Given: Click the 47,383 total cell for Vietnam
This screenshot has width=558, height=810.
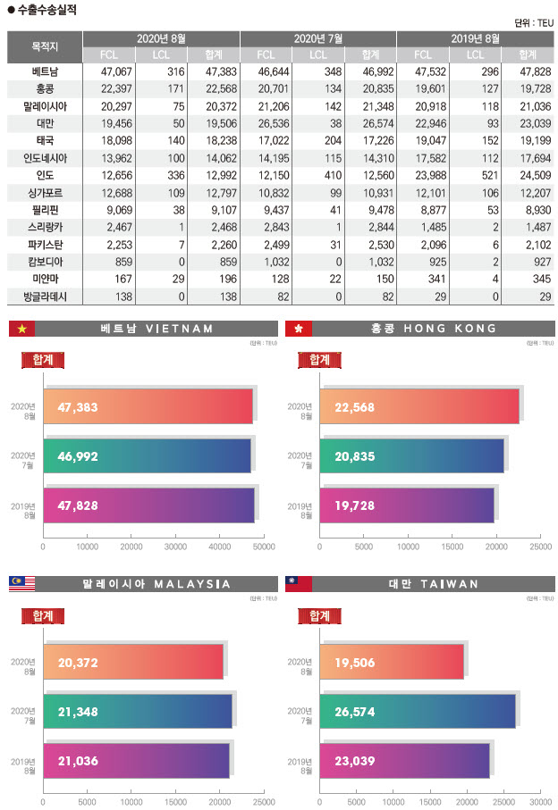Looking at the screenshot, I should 214,72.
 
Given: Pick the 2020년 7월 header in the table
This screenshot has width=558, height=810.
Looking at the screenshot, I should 317,38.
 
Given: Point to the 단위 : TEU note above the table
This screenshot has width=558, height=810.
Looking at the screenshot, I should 534,23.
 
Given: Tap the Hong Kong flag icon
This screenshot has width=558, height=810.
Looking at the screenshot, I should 298,330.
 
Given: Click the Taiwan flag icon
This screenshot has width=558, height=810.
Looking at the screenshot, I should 298,584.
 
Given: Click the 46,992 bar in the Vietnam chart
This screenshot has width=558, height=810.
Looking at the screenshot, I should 148,455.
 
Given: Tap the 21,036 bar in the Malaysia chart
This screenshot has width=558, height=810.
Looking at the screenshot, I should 137,761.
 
